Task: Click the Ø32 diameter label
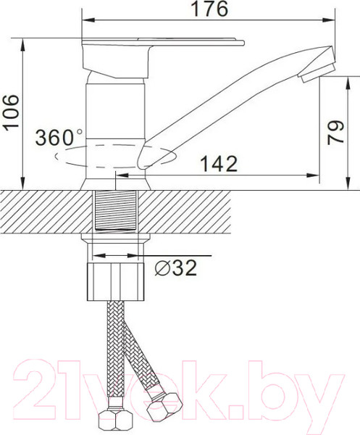[176, 268]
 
